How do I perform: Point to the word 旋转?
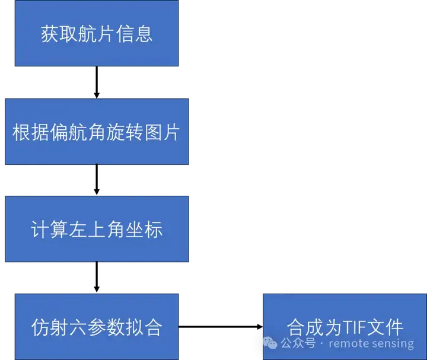[x=123, y=132]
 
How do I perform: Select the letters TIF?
[x=355, y=327]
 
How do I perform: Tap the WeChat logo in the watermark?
[x=270, y=343]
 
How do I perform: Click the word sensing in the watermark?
[x=394, y=343]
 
